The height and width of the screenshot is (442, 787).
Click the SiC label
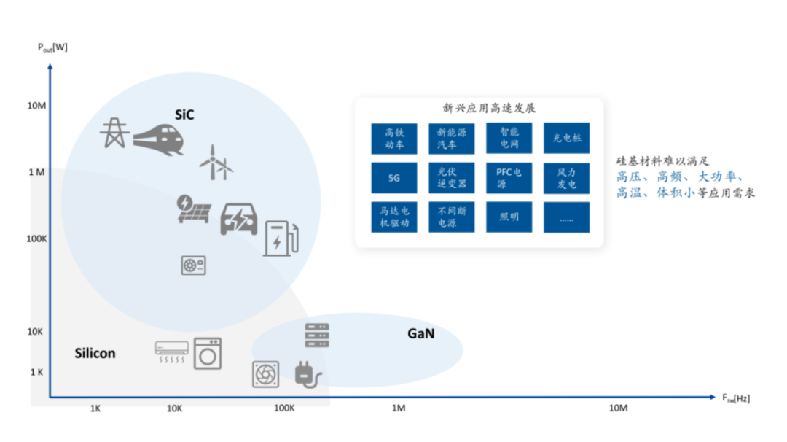tap(184, 115)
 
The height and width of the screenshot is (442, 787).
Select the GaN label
tap(420, 334)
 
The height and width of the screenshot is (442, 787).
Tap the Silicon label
tap(95, 354)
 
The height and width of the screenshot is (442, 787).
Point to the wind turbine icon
tap(216, 162)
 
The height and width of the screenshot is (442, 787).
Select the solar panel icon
tap(194, 209)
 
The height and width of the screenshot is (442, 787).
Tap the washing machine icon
tap(208, 354)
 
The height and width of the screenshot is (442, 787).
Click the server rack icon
tap(317, 336)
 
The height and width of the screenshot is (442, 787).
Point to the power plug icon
tap(307, 375)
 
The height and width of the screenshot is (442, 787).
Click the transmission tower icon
tap(114, 132)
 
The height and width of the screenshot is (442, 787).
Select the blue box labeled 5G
tap(394, 178)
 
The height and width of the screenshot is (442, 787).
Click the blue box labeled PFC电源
tap(509, 178)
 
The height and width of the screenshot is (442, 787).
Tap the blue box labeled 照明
tap(509, 217)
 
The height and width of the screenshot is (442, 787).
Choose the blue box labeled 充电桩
tap(566, 139)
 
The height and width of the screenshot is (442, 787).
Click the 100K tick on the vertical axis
tap(37, 239)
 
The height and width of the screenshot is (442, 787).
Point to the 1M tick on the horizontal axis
tap(398, 408)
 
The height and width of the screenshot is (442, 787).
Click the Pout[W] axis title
tap(52, 47)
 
